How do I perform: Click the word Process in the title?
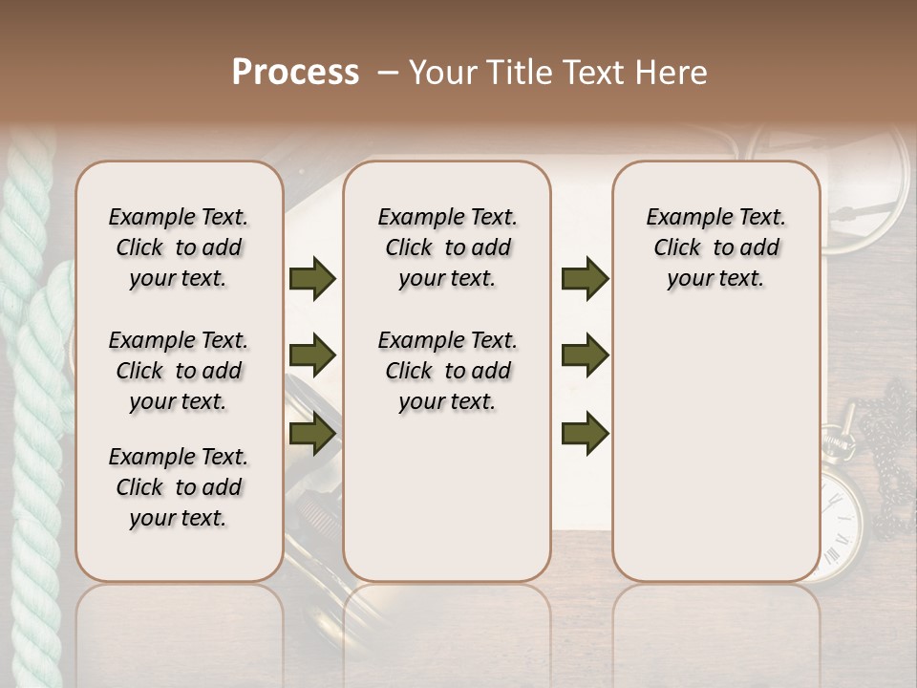(x=295, y=72)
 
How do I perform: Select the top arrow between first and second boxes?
(x=312, y=279)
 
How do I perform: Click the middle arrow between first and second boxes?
(x=312, y=355)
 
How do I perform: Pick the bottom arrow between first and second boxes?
(x=312, y=435)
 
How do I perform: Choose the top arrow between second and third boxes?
(x=585, y=279)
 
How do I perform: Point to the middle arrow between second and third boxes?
(x=585, y=355)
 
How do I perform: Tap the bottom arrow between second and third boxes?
(x=585, y=435)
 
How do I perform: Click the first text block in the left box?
(x=179, y=247)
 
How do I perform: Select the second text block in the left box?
(x=179, y=371)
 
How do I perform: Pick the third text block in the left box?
(x=179, y=487)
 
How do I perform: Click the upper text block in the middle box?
(x=447, y=247)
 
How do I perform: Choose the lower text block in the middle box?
(x=447, y=371)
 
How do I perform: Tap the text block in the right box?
(x=716, y=247)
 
